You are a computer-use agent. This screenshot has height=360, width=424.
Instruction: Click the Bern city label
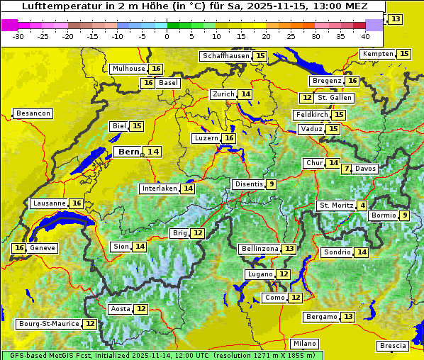[128, 152]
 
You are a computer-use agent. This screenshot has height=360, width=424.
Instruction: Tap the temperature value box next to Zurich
[245, 94]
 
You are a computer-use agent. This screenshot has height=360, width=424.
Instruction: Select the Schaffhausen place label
[225, 56]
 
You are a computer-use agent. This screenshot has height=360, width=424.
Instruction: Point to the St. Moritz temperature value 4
[362, 206]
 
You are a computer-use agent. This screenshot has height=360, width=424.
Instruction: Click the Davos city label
[366, 169]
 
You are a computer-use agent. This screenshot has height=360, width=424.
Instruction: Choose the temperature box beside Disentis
[271, 184]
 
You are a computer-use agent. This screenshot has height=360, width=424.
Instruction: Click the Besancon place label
[33, 113]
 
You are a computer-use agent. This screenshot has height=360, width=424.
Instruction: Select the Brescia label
[393, 346]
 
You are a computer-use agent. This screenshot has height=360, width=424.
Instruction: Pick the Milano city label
[305, 343]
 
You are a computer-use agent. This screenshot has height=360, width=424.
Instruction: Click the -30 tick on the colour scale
[18, 35]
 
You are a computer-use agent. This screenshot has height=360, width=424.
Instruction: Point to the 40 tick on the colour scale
[365, 35]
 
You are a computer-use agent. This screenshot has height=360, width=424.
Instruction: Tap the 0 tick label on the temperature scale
[167, 35]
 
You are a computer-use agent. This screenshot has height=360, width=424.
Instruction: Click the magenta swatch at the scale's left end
[10, 24]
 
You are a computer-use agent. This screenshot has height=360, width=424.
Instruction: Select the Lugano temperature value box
[284, 274]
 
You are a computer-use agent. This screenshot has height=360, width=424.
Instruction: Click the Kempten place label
[377, 54]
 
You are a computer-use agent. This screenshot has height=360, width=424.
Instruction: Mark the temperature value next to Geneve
[19, 248]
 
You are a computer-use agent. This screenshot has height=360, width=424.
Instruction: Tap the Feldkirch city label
[311, 115]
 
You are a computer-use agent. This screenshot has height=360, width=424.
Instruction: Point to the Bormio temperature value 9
[404, 215]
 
